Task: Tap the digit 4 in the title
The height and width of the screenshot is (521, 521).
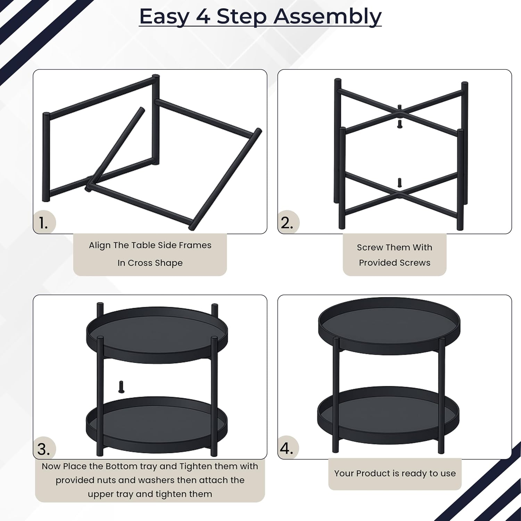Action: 203,16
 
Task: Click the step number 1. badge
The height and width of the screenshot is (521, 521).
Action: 44,222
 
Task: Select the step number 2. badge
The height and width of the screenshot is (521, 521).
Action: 288,222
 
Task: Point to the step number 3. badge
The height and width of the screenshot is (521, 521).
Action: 44,449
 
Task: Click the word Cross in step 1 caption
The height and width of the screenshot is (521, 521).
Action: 140,263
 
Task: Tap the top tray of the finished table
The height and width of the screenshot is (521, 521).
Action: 389,321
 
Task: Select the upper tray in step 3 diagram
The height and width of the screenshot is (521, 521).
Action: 157,335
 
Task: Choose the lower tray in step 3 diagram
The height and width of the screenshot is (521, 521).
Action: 157,424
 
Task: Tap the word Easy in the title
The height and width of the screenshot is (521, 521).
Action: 164,17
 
